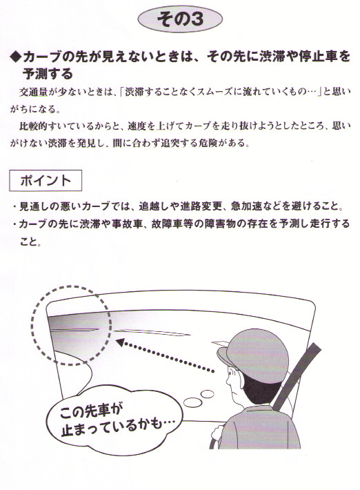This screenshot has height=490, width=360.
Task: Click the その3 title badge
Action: coord(180,19)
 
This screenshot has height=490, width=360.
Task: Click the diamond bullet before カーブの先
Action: coord(14,57)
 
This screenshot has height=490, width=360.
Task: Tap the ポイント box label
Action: coord(46,181)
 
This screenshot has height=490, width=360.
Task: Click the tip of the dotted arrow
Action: coord(117,341)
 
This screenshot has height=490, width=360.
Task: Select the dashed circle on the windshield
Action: coord(71,325)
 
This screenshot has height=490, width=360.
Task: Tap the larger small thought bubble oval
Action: coord(193,402)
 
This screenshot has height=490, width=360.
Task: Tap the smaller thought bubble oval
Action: coord(207,394)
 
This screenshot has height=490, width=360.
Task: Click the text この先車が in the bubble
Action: coord(90,411)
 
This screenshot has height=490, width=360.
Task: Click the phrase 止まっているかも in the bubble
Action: coord(117,427)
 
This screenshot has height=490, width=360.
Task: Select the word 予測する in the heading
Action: coord(48,74)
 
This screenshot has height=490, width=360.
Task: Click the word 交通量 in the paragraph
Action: coord(33,92)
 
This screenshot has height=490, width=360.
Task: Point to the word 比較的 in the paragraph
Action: coord(33,126)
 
